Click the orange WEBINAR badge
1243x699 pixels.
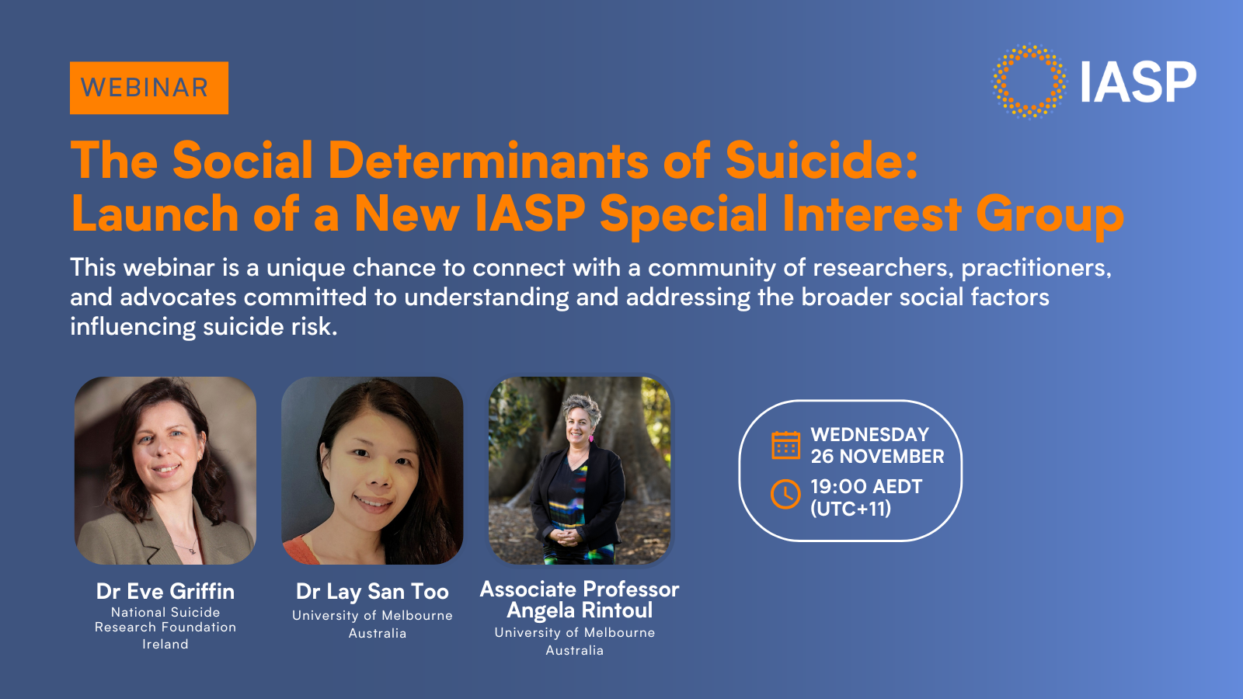[148, 88]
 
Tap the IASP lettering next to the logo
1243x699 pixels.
[1138, 83]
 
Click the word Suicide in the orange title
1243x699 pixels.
[821, 161]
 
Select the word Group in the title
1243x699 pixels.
[1050, 214]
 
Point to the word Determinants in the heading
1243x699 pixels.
[488, 161]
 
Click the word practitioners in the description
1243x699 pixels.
[1036, 268]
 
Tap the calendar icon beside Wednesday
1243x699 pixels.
[785, 445]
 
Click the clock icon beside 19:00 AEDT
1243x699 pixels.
[785, 494]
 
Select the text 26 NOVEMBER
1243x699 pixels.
[877, 457]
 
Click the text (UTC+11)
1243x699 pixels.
[851, 509]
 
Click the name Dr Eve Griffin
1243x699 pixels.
[165, 591]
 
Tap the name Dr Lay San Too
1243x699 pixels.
[372, 592]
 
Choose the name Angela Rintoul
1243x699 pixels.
[580, 610]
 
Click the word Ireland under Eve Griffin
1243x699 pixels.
[165, 644]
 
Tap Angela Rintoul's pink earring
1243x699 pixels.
[591, 438]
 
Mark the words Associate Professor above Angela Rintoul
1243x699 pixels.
[580, 589]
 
